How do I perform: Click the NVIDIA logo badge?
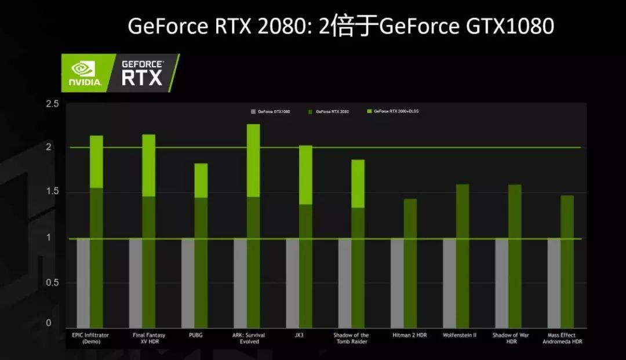click(86, 73)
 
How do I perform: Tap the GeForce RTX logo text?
click(143, 73)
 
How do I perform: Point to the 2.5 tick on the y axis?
click(53, 104)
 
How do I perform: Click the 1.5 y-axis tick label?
click(53, 192)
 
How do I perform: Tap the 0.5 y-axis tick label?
click(53, 282)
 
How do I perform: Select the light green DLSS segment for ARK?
click(253, 161)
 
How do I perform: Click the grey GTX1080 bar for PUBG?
click(188, 283)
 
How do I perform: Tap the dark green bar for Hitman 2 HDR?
click(410, 264)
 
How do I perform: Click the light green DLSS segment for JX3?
click(305, 175)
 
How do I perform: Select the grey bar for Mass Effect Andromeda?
click(554, 283)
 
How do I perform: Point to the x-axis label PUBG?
click(196, 335)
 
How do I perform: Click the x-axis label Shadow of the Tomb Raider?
click(351, 338)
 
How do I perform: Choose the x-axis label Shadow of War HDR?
click(510, 338)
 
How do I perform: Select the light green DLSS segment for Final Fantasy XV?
click(149, 166)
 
